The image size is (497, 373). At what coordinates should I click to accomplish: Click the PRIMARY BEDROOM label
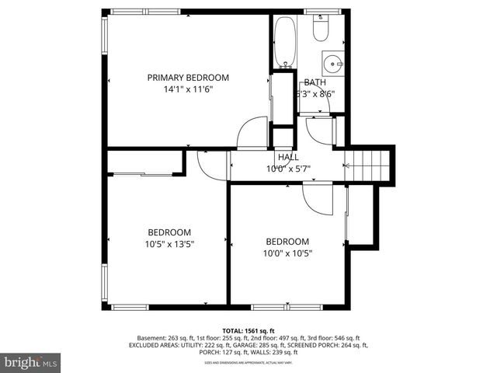(189, 77)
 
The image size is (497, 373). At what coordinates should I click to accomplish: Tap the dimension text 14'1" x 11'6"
(189, 89)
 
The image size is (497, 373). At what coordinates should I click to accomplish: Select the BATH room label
(315, 82)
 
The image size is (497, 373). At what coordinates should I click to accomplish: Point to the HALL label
(288, 157)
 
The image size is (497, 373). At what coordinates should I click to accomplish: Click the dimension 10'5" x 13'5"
(169, 244)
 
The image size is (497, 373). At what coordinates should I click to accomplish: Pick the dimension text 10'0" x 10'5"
(287, 253)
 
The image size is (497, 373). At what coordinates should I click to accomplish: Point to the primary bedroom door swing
(252, 133)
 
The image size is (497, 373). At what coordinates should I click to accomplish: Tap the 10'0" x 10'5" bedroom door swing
(317, 200)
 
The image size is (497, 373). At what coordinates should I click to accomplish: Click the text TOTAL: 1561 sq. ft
(248, 330)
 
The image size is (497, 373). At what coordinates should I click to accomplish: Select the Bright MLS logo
(31, 362)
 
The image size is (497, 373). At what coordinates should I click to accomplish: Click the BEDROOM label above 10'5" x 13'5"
(169, 232)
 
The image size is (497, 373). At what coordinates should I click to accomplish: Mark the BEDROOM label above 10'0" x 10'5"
(287, 242)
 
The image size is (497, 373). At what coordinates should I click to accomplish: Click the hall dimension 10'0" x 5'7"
(288, 169)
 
